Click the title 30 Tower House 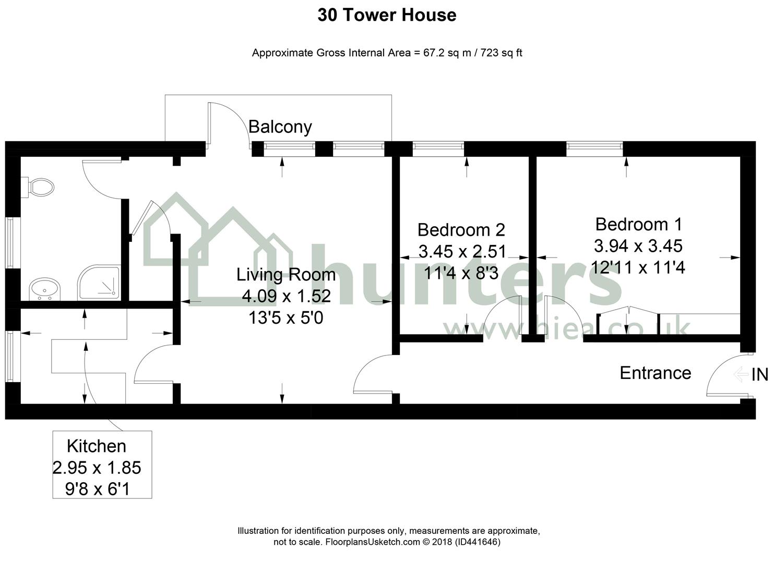click(x=387, y=15)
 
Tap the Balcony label click(x=280, y=127)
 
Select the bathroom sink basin click(x=45, y=289)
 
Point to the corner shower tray click(x=99, y=283)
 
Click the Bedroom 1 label click(x=639, y=224)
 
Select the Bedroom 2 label click(x=461, y=230)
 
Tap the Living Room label click(x=286, y=275)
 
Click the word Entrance click(x=656, y=373)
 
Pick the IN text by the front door click(x=759, y=375)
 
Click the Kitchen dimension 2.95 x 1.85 click(x=97, y=468)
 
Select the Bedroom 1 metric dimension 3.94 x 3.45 click(x=638, y=246)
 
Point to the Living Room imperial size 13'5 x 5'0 click(x=286, y=318)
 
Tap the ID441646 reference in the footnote click(x=478, y=542)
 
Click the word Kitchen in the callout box click(x=97, y=446)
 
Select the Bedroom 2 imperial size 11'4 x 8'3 click(x=461, y=273)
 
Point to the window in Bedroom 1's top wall click(x=594, y=149)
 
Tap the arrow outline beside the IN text click(x=741, y=375)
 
